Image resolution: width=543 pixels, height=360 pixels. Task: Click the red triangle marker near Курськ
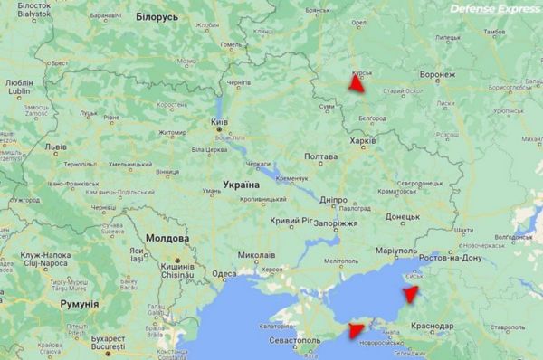pyautogui.click(x=356, y=84)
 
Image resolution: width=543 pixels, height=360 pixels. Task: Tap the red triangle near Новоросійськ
pyautogui.click(x=354, y=331)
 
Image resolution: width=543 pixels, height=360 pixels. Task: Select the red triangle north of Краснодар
pyautogui.click(x=412, y=292)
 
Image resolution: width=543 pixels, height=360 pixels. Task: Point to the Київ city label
pyautogui.click(x=219, y=122)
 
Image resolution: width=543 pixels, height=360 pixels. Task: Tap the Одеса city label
pyautogui.click(x=224, y=275)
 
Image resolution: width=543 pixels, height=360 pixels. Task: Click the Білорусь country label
pyautogui.click(x=157, y=17)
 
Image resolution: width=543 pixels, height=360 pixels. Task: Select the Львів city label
pyautogui.click(x=55, y=146)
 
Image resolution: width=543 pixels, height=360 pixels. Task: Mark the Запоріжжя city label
pyautogui.click(x=337, y=223)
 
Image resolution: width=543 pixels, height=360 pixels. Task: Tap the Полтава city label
pyautogui.click(x=320, y=156)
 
